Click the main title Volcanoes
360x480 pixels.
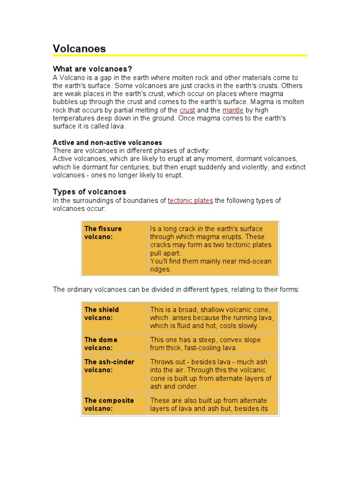pyautogui.click(x=79, y=48)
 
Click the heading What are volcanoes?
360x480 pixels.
pyautogui.click(x=92, y=69)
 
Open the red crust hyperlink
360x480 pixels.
pyautogui.click(x=187, y=110)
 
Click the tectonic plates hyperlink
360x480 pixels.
pyautogui.click(x=190, y=201)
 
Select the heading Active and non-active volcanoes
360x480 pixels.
pyautogui.click(x=107, y=142)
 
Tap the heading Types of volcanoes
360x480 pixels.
pyautogui.click(x=90, y=192)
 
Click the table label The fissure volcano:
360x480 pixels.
pyautogui.click(x=103, y=232)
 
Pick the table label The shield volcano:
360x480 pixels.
pyautogui.click(x=101, y=314)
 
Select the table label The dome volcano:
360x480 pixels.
pyautogui.click(x=101, y=344)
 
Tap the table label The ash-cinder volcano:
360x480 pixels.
pyautogui.click(x=109, y=366)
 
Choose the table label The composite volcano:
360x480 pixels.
pyautogui.click(x=109, y=404)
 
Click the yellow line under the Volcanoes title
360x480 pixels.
pyautogui.click(x=180, y=56)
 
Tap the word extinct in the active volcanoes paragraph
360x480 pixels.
pyautogui.click(x=295, y=167)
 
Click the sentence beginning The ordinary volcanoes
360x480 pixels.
pyautogui.click(x=176, y=290)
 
